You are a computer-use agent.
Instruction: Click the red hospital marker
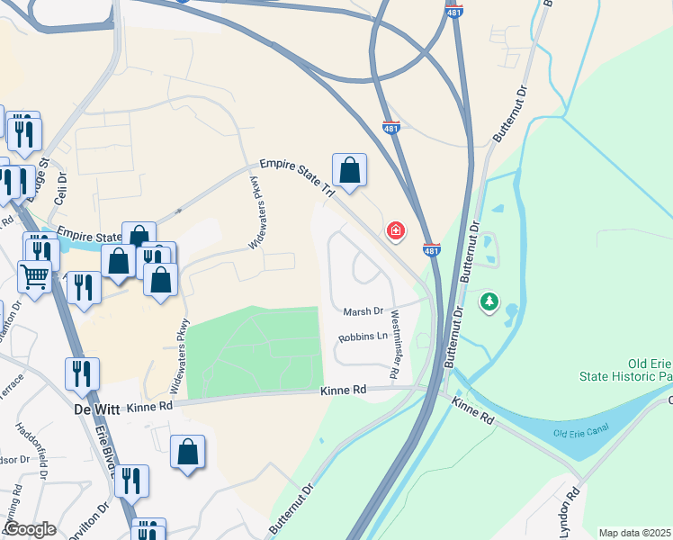(x=394, y=231)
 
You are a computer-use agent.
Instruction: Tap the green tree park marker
(x=489, y=301)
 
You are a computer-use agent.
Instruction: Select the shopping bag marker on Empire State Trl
(x=350, y=170)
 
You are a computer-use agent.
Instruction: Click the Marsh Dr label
(x=363, y=311)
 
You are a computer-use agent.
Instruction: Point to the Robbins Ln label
(x=362, y=337)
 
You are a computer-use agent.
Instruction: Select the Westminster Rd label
(x=395, y=344)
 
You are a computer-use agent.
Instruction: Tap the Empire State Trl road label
(x=296, y=177)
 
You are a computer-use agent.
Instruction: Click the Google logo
(x=30, y=529)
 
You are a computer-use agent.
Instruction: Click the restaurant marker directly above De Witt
(x=82, y=373)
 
